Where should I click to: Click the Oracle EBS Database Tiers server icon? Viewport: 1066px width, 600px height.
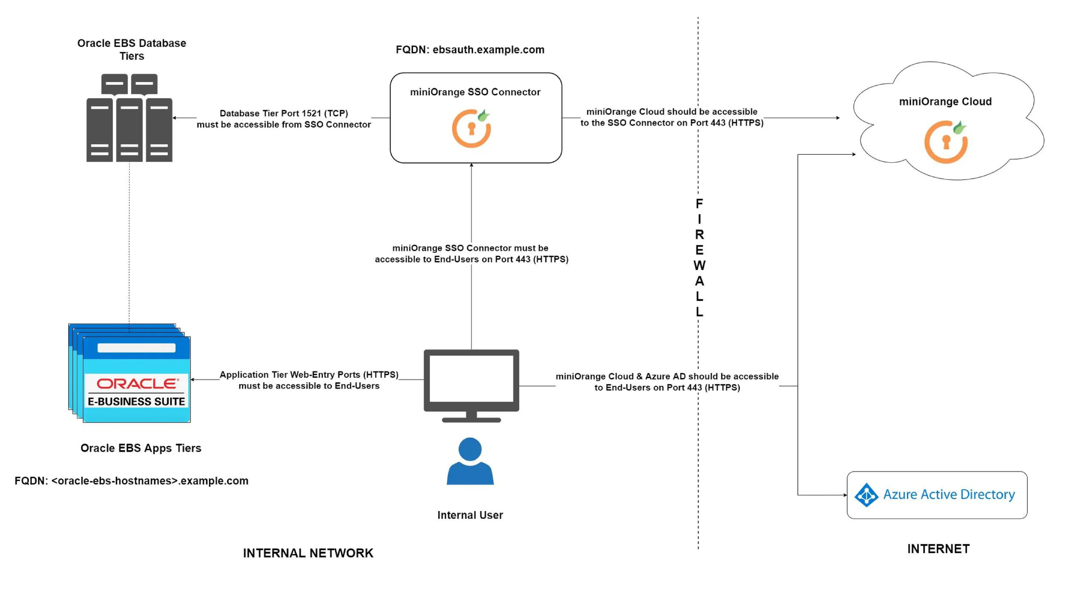tap(129, 118)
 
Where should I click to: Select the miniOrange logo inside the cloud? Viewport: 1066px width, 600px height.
tap(946, 142)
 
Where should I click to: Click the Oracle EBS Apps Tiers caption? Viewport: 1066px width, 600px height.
tap(141, 448)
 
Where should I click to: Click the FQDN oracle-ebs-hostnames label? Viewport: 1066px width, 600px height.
tap(132, 481)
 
